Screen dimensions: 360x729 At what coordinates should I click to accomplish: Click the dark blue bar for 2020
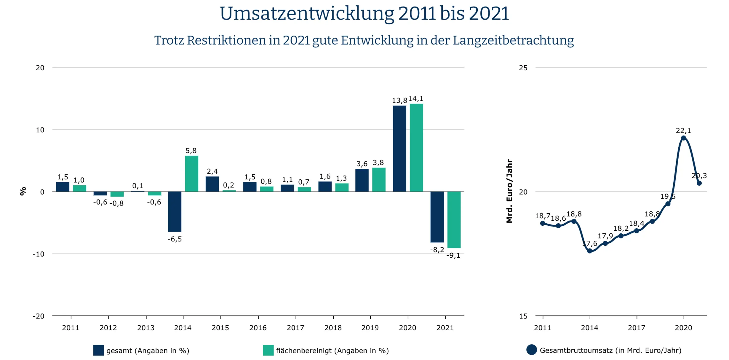click(399, 148)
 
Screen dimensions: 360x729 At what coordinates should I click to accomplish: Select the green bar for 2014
click(191, 174)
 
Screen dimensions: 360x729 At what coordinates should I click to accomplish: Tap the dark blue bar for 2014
click(175, 211)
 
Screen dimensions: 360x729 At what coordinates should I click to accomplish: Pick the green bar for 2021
click(454, 220)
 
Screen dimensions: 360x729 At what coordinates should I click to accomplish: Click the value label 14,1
click(416, 99)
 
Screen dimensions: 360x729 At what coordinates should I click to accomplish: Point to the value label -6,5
click(175, 239)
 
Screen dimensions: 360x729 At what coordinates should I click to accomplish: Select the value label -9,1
click(453, 256)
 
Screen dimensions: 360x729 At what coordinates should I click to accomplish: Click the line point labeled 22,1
click(683, 138)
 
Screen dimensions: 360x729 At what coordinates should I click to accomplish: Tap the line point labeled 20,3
click(699, 183)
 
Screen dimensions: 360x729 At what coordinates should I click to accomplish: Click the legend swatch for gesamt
click(98, 350)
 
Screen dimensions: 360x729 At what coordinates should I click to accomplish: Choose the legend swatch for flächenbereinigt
click(268, 350)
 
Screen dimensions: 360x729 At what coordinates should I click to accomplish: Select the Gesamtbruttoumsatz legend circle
click(532, 350)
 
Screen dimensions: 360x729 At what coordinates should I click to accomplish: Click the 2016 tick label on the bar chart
click(258, 328)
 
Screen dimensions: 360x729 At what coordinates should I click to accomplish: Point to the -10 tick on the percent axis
click(39, 254)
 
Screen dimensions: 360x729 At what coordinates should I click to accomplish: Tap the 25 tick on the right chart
click(523, 68)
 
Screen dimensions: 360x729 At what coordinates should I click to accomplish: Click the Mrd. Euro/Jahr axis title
click(509, 191)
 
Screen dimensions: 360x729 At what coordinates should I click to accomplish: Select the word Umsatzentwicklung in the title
click(307, 14)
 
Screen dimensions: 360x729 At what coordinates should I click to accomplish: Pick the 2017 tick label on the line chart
click(637, 328)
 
